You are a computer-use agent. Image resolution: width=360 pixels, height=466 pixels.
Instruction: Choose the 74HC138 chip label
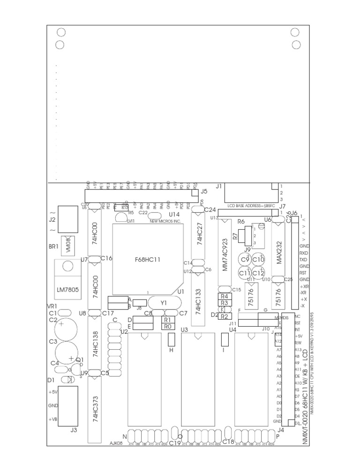coord(96,345)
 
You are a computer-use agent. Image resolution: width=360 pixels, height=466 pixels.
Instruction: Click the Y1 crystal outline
coord(164,303)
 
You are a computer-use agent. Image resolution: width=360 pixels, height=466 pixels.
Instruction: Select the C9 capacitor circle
coord(245,260)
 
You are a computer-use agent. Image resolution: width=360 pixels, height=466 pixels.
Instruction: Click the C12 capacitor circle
coord(258,273)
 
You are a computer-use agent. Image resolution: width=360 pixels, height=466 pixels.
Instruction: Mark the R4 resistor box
coord(224,296)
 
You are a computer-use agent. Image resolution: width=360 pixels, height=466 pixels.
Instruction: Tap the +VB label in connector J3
coord(52,419)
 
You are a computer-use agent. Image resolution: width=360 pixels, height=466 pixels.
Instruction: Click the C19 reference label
coord(175,443)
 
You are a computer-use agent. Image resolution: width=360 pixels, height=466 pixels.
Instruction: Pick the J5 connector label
coord(203,191)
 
